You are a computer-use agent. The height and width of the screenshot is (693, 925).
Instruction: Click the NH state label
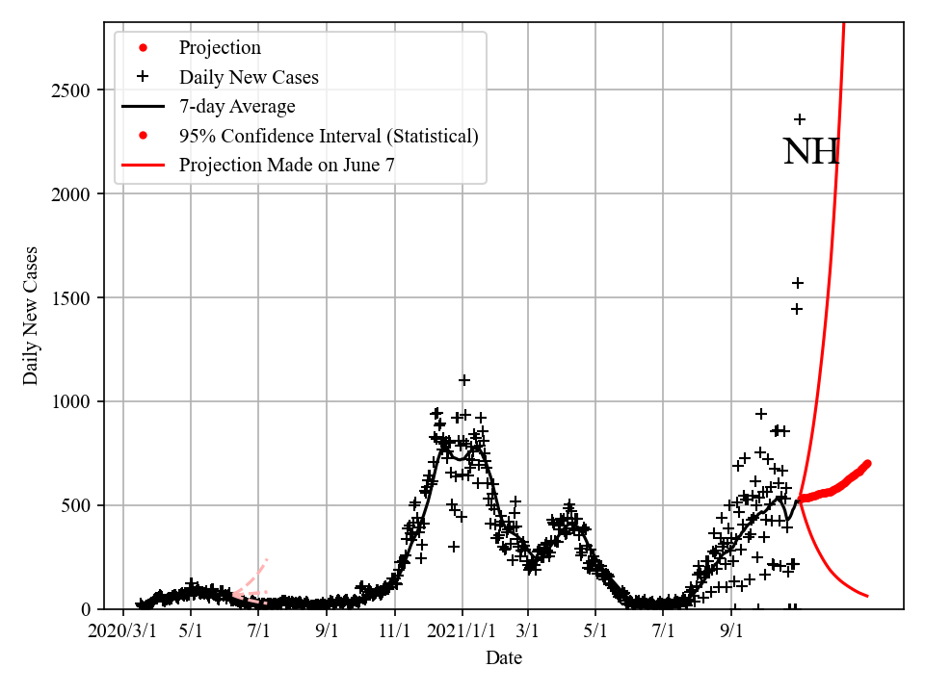(x=811, y=152)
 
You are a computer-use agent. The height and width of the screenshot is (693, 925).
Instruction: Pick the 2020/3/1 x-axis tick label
(x=122, y=631)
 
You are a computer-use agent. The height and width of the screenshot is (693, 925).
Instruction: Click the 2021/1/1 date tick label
(x=462, y=631)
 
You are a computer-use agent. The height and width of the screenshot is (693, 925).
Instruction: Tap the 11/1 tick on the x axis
(x=395, y=631)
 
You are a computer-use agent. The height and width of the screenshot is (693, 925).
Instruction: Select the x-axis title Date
(x=504, y=658)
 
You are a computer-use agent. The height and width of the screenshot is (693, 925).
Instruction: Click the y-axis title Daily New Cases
(x=32, y=316)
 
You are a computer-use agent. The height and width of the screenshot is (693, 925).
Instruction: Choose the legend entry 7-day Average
(x=237, y=106)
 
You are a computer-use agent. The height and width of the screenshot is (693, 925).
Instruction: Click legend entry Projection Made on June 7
(x=286, y=165)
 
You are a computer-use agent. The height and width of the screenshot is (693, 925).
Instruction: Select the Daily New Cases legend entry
(x=249, y=77)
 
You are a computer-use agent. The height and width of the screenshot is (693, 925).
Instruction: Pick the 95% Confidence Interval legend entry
(x=328, y=136)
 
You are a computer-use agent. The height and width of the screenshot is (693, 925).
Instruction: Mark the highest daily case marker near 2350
(x=800, y=119)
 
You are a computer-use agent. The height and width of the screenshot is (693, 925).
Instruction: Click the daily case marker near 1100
(x=464, y=380)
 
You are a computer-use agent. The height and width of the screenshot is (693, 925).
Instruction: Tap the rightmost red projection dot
(x=867, y=464)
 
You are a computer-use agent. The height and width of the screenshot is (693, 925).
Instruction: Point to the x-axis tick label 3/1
(x=528, y=631)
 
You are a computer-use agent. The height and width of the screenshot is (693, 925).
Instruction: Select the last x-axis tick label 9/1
(x=731, y=631)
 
